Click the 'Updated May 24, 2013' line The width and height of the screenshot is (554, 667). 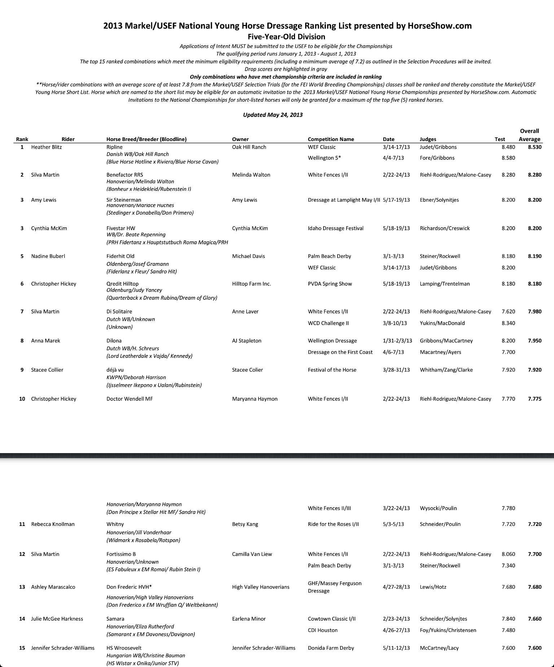[273, 115]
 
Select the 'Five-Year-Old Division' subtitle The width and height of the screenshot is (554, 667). [286, 37]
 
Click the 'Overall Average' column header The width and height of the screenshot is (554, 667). [529, 135]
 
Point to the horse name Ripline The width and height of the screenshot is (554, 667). [114, 147]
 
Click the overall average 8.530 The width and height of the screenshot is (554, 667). [535, 147]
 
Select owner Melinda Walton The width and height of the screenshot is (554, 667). [251, 175]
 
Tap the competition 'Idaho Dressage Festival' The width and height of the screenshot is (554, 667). [335, 228]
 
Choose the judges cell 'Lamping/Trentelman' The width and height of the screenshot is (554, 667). [445, 284]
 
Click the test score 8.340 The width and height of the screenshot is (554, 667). [508, 323]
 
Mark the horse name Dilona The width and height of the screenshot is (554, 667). [114, 341]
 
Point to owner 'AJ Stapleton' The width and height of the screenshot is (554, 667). [247, 341]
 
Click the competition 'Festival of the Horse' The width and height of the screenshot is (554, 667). [332, 370]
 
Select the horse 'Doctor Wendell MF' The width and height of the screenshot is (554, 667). [129, 399]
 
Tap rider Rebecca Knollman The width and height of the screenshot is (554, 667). [53, 524]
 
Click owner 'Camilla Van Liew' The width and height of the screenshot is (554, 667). [252, 554]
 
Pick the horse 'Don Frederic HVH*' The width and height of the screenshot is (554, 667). [127, 587]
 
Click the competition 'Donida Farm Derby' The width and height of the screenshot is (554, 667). [331, 648]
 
